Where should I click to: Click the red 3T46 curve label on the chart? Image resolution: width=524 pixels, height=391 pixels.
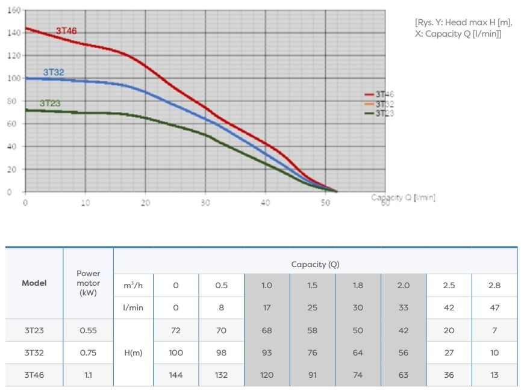pos(66,31)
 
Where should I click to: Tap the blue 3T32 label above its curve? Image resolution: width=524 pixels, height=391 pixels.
pos(53,72)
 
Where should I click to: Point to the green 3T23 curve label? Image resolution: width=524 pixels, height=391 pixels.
pos(50,103)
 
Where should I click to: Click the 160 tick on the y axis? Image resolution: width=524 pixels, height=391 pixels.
pos(14,10)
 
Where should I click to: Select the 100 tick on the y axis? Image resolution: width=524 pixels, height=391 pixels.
pos(14,78)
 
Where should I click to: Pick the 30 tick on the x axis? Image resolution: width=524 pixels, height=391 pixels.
pos(205,203)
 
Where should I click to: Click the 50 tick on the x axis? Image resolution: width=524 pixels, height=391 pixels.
pos(325,203)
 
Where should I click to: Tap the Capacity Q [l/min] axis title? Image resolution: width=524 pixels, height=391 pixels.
pos(403,198)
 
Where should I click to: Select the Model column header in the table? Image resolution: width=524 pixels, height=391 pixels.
pos(34,283)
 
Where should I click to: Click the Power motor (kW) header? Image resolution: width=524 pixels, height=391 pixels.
pos(88,283)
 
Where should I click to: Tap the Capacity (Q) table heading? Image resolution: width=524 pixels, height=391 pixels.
pos(315,264)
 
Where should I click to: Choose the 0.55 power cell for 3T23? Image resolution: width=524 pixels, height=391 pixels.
pos(88,330)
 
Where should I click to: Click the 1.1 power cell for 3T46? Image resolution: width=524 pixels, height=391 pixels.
pos(88,375)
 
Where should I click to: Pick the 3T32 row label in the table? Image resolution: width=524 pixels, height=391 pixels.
pos(34,353)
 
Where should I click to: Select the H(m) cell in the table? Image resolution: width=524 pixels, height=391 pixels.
pos(133,353)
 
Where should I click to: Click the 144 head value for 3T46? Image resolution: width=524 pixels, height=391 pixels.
pos(176,375)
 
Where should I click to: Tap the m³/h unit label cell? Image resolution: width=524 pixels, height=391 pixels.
pos(133,286)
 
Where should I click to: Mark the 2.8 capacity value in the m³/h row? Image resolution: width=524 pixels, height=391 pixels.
pos(494,286)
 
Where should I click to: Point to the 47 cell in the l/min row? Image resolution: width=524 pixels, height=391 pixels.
pos(494,307)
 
